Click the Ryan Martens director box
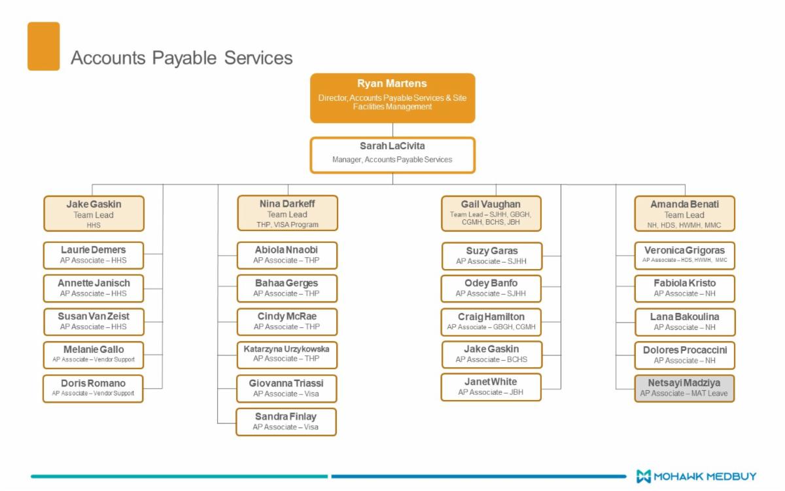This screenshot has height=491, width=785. [x=392, y=98]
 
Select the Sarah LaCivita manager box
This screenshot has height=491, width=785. [x=392, y=155]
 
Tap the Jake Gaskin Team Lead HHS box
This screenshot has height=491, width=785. [x=94, y=213]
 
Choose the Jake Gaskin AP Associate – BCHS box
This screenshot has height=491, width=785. [x=491, y=354]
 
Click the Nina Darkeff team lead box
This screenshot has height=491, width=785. [x=287, y=213]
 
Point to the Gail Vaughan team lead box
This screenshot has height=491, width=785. [x=491, y=213]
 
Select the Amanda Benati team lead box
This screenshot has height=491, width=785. [x=684, y=213]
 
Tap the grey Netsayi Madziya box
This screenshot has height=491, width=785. [x=684, y=388]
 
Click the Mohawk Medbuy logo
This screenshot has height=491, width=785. [x=696, y=476]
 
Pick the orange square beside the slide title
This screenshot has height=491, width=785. [x=43, y=46]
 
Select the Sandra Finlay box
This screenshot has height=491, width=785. [x=286, y=422]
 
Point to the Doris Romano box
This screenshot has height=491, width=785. [x=93, y=388]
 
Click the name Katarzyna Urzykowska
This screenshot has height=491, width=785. [x=287, y=349]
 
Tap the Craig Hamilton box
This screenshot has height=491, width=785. [x=491, y=321]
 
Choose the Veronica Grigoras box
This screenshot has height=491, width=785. [x=684, y=255]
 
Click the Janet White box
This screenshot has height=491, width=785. [x=491, y=386]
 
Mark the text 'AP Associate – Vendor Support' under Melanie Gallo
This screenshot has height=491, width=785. [x=93, y=360]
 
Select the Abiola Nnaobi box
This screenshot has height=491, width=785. [x=287, y=255]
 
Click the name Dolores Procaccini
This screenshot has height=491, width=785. [x=684, y=350]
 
